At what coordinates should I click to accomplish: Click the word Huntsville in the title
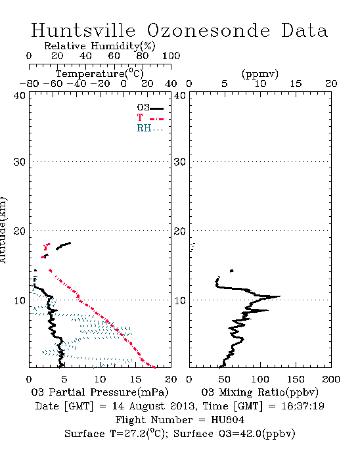[83, 30]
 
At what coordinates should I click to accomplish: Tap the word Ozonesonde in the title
[208, 30]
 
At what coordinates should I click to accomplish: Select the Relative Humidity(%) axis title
[100, 46]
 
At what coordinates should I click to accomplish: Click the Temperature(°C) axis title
[100, 74]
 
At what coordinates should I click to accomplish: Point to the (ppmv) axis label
[260, 74]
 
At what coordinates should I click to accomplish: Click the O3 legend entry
[150, 108]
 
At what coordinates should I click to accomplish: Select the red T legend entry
[150, 118]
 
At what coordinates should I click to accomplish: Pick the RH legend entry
[150, 128]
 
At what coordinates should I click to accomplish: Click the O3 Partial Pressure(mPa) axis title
[100, 392]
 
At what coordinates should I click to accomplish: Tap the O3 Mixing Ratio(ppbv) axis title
[259, 392]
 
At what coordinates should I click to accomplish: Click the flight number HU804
[227, 420]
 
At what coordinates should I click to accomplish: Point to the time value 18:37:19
[303, 406]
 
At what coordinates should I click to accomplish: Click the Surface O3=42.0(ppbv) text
[235, 434]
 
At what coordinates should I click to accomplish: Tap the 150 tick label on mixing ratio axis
[296, 379]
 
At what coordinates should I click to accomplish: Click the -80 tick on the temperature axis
[29, 84]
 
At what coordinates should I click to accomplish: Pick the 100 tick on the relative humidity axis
[171, 56]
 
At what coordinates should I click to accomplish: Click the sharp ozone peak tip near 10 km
[281, 296]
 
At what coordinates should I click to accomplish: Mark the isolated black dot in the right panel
[232, 271]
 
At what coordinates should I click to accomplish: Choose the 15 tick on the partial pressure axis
[135, 379]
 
